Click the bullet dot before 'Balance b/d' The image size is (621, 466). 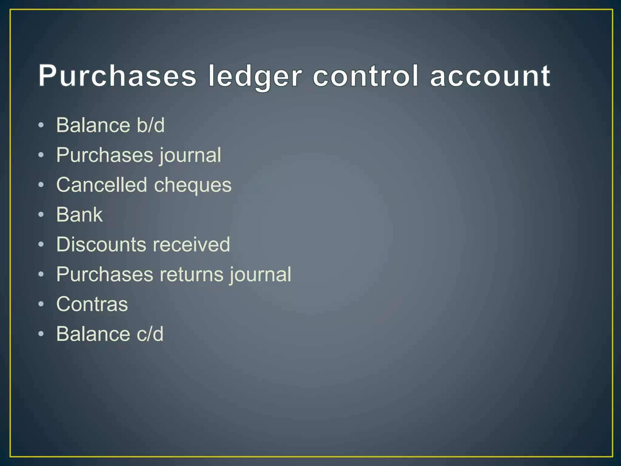point(41,125)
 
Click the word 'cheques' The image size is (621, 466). point(193,185)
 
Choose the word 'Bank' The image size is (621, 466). point(79,214)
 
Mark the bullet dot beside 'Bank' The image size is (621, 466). point(41,214)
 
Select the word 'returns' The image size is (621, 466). point(191,274)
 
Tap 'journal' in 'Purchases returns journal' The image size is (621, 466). point(260,275)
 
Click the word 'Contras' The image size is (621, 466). point(92,304)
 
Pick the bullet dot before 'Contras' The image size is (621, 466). point(41,304)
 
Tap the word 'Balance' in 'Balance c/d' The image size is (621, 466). point(93,334)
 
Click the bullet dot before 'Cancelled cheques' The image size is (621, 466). point(41,185)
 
